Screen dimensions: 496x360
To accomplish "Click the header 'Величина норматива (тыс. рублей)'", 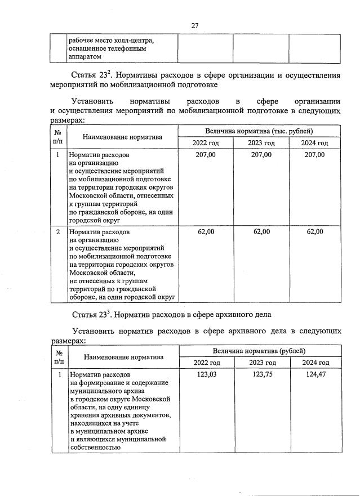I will click(259, 131).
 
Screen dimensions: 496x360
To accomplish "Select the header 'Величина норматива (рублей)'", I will click(259, 350).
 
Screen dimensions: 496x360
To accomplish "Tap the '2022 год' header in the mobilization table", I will click(206, 143).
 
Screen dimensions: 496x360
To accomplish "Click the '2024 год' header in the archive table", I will click(315, 363).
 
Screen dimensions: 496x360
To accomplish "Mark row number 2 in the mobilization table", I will click(58, 231).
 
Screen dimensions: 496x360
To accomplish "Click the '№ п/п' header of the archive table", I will click(58, 356).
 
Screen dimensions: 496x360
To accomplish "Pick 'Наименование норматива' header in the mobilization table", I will click(122, 137).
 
